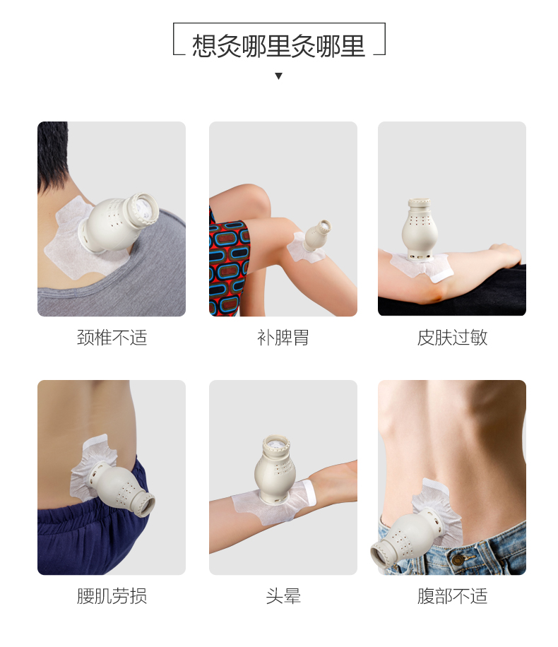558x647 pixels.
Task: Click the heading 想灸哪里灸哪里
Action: (278, 45)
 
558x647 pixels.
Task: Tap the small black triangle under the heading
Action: (278, 76)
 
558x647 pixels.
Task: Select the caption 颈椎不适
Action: (112, 338)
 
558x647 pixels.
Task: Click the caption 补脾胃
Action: (283, 338)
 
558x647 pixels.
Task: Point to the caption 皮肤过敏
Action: (452, 338)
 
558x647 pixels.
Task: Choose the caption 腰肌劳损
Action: (112, 596)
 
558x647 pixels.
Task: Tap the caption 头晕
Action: (283, 596)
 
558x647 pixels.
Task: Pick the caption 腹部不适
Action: (452, 596)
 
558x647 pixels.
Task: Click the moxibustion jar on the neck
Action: (119, 222)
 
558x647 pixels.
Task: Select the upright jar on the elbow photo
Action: (420, 229)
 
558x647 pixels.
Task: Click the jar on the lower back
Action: (121, 489)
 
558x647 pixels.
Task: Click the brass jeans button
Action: (457, 560)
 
